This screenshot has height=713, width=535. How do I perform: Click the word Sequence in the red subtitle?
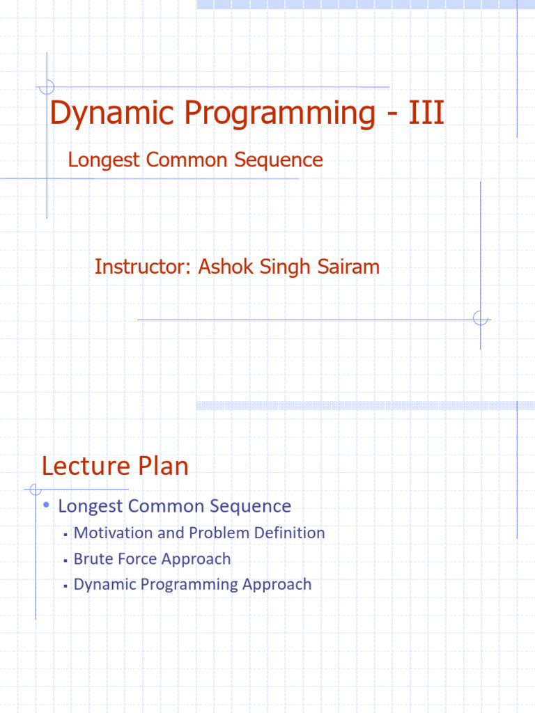click(278, 160)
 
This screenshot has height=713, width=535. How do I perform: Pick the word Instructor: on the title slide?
click(144, 267)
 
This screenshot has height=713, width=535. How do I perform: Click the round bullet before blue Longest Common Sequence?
click(45, 505)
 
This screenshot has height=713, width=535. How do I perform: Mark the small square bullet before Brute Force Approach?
click(64, 560)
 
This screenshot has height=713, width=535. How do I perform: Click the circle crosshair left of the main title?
click(47, 87)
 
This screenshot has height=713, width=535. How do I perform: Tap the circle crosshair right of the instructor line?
click(480, 319)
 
